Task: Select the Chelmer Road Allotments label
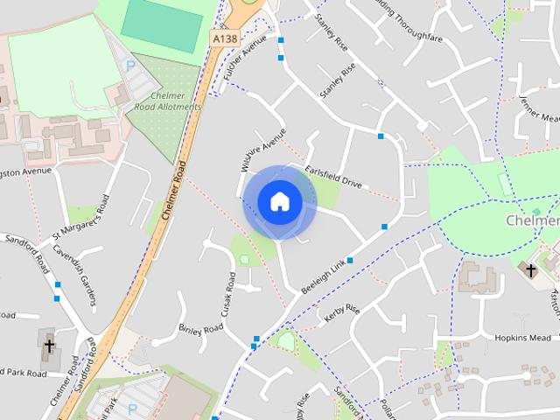point(168,101)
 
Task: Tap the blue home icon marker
point(279,201)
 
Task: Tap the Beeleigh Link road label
point(324,276)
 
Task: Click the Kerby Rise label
point(342,314)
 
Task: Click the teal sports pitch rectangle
point(162,25)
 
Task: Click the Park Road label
point(24,373)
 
